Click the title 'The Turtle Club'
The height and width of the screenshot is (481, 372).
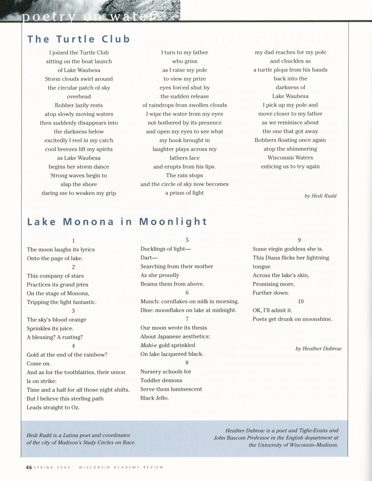79,39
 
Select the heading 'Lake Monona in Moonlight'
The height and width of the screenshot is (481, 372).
117,222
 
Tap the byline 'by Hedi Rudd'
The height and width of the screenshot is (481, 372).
320,196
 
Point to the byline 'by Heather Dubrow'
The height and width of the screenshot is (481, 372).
318,349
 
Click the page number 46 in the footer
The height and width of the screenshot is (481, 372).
29,467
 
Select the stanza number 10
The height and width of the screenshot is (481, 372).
301,301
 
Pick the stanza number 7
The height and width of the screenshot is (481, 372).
187,319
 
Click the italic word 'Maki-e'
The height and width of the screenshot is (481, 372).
149,345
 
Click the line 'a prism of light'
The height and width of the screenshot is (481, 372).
184,193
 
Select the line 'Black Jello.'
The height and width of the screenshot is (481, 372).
155,398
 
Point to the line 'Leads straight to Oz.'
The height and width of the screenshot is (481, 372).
53,407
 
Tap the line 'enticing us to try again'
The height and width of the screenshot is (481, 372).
290,167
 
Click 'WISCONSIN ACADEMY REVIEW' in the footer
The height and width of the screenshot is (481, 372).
121,467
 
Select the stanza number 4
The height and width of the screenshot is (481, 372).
73,346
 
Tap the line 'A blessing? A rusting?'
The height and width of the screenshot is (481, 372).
55,337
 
